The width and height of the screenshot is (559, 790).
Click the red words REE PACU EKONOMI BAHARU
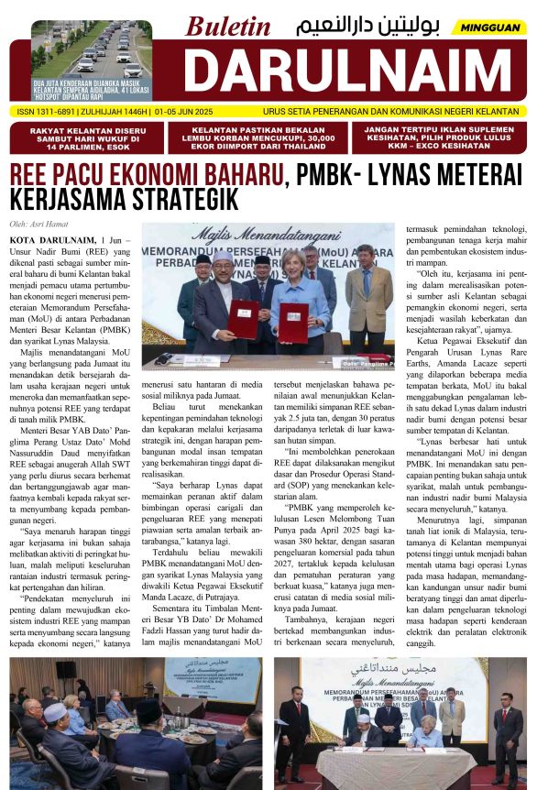[x=146, y=174]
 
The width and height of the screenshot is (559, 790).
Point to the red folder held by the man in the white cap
[x=242, y=317]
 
